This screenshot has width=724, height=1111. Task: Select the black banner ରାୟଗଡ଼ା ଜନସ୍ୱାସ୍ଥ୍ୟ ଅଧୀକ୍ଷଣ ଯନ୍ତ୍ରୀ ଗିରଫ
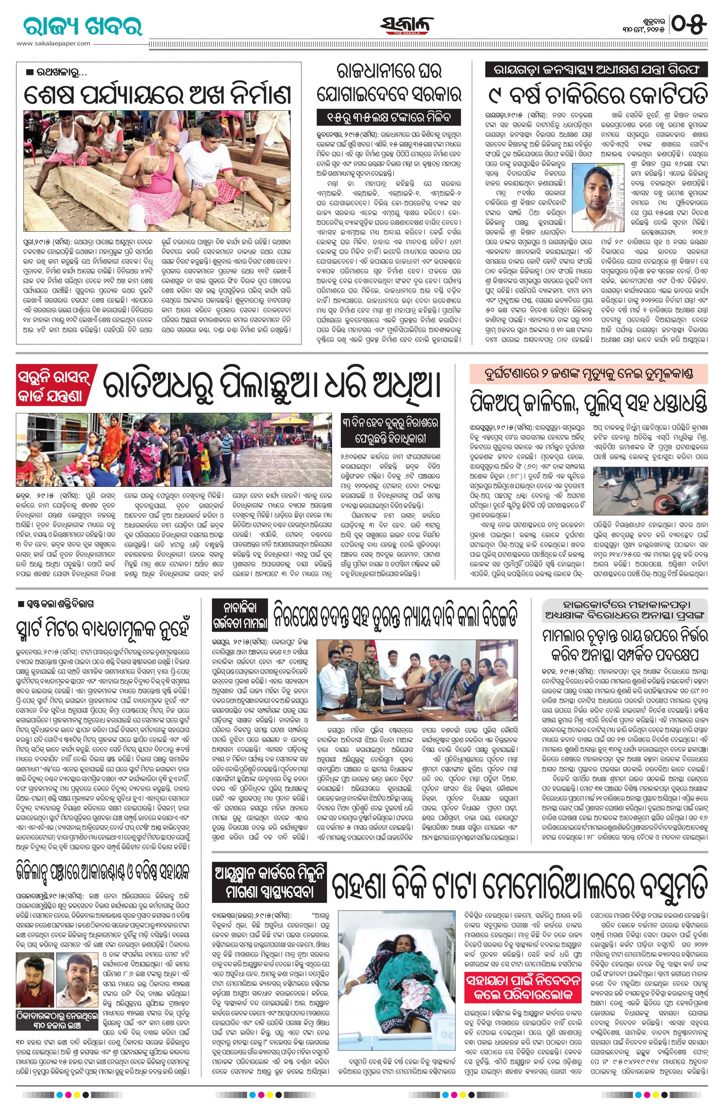[596, 70]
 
